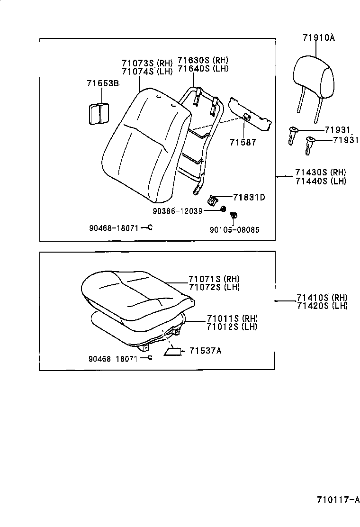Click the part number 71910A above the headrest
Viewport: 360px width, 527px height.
(x=318, y=38)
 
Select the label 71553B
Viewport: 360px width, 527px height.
(x=102, y=83)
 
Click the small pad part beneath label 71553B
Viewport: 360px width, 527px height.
(x=99, y=114)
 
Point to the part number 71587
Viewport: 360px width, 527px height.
(x=243, y=142)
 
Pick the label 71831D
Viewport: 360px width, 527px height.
(x=249, y=197)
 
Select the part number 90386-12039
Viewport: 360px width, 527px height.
(x=177, y=210)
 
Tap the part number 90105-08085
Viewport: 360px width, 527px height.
(x=234, y=230)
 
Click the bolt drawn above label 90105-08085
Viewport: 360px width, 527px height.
(x=233, y=217)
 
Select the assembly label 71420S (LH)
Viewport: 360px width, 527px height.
(x=322, y=306)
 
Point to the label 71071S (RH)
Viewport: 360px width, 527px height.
(x=214, y=279)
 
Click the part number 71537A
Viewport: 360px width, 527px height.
(x=205, y=351)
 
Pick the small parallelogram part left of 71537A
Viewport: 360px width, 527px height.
(x=172, y=351)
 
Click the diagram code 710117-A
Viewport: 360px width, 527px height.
(x=338, y=500)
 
